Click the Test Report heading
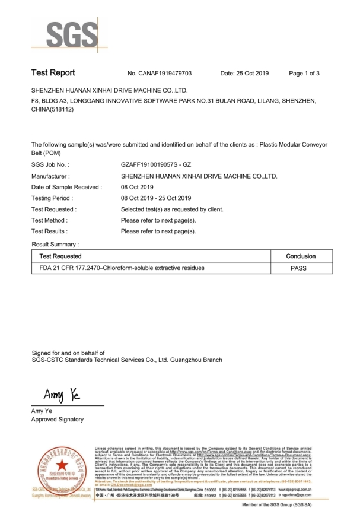coord(53,73)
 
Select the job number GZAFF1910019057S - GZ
coord(160,166)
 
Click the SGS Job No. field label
coord(50,166)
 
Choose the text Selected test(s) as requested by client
coord(171,209)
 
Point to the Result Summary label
coord(55,245)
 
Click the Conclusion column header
coord(301,256)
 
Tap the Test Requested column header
coord(60,256)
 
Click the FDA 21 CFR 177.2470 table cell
coord(122,268)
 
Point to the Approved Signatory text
coord(57,420)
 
